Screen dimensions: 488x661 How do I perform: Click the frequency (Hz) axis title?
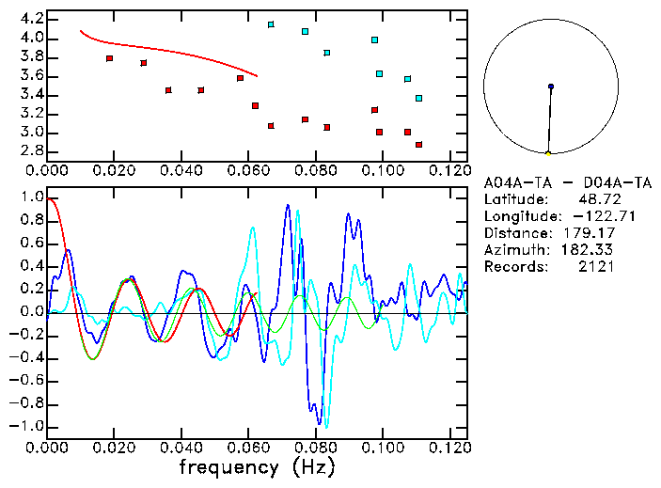[257, 466]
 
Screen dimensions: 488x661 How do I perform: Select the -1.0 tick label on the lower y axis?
[27, 426]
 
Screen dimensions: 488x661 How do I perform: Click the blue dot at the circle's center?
[551, 87]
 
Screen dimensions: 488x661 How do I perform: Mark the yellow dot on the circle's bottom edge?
[548, 152]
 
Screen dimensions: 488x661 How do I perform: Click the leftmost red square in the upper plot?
[110, 58]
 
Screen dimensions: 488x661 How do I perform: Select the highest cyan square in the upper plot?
[271, 24]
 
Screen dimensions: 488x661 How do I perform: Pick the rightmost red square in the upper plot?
[418, 145]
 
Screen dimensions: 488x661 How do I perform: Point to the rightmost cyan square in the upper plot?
[418, 98]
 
